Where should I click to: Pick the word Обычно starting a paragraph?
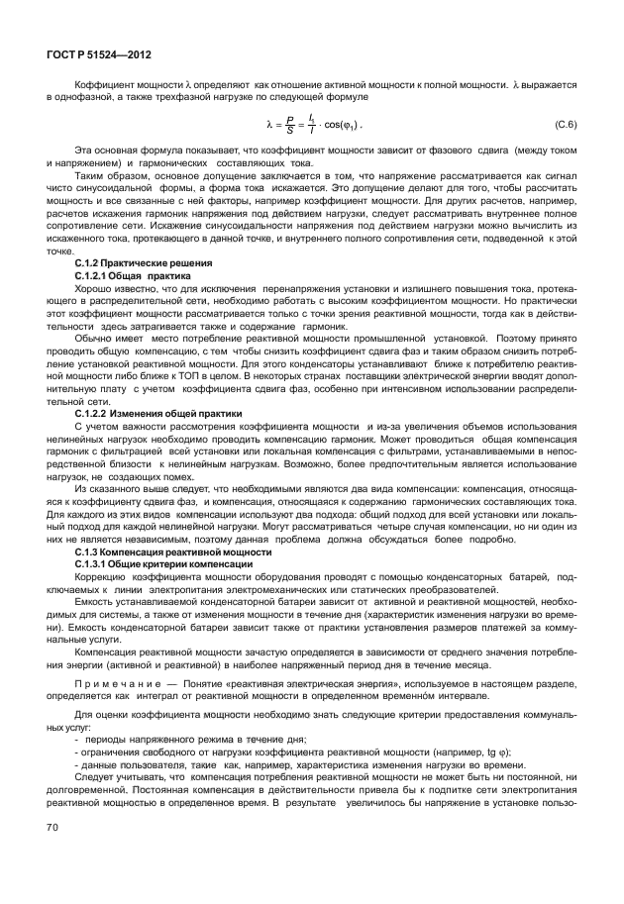coord(91,337)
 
